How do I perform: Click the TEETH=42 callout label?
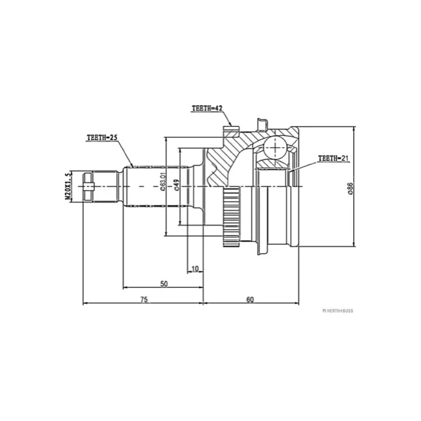point(207,108)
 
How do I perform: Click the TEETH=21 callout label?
point(334,158)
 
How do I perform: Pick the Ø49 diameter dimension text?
point(177,185)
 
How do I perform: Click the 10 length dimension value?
point(195,269)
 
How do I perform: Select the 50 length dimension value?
point(164,284)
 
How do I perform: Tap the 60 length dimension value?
point(250,299)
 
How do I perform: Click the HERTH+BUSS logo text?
point(338,310)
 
